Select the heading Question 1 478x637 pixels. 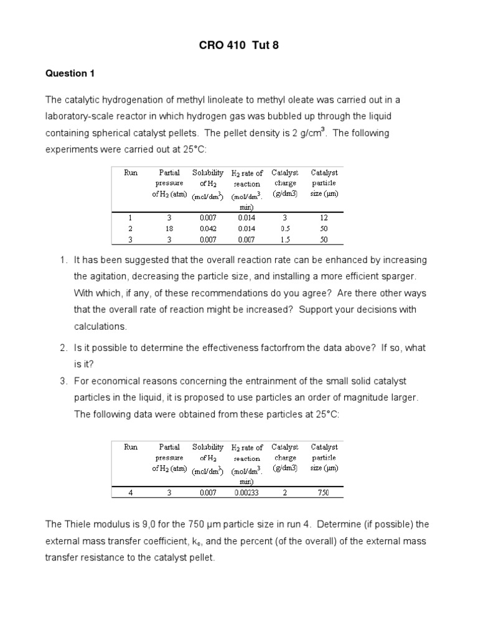pyautogui.click(x=70, y=73)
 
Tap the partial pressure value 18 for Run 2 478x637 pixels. pyautogui.click(x=169, y=228)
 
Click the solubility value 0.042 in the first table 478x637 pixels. pyautogui.click(x=207, y=228)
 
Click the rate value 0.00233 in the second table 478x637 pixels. pyautogui.click(x=246, y=493)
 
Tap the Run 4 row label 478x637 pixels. pyautogui.click(x=131, y=493)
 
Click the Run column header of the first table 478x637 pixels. pyautogui.click(x=131, y=173)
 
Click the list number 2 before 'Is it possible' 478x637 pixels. pyautogui.click(x=64, y=348)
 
